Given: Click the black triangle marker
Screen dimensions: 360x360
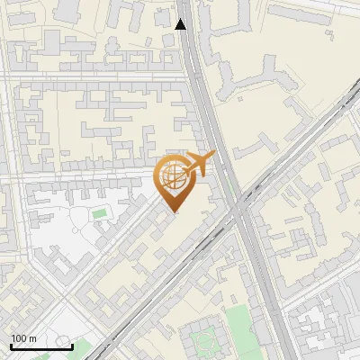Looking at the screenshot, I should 182,24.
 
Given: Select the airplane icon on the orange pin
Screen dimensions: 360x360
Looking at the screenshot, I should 196,165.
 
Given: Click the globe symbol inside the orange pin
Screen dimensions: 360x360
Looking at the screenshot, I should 171,177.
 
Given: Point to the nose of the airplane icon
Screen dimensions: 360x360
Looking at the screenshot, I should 212,156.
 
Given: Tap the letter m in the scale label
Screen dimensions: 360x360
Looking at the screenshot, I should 33,338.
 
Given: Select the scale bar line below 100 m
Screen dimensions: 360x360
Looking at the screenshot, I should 41,346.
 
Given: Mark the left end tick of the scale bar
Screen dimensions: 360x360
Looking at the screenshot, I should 11,345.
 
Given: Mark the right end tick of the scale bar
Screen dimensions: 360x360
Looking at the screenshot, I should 72,345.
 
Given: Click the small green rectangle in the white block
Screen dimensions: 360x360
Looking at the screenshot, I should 99,213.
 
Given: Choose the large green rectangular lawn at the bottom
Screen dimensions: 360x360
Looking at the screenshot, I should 238,319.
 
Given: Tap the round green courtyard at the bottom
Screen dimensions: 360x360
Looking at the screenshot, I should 205,341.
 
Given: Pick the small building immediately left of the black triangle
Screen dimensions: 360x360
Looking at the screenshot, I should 163,17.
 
